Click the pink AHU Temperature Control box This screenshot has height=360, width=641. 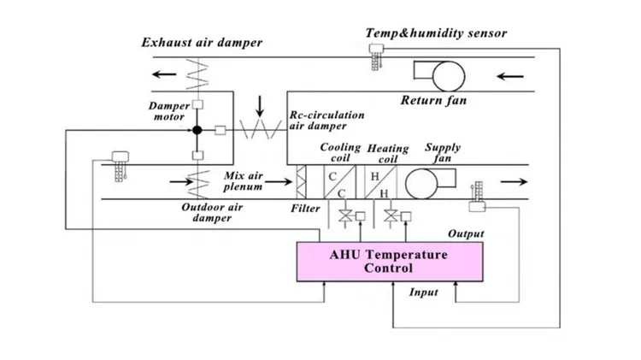click(389, 262)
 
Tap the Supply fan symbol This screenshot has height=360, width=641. click(424, 181)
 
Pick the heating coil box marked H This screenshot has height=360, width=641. click(379, 181)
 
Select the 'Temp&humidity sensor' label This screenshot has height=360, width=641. click(436, 33)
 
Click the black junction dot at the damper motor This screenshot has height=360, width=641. click(197, 130)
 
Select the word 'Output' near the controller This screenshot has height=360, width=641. click(466, 233)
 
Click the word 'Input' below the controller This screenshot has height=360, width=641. click(423, 292)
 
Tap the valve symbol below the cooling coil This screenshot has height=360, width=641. click(344, 215)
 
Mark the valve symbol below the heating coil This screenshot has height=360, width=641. click(391, 215)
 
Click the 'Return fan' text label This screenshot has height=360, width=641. click(435, 101)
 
